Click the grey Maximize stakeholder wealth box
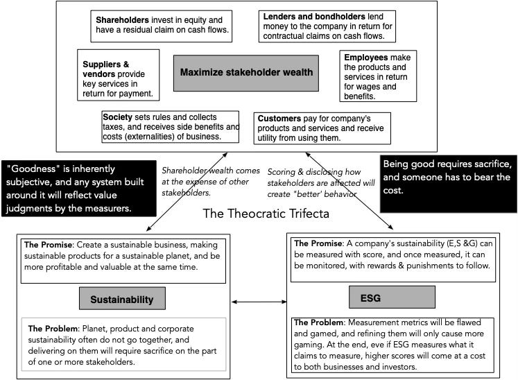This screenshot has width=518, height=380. (x=246, y=72)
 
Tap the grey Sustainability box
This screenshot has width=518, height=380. (x=121, y=299)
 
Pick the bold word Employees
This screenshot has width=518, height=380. (x=365, y=57)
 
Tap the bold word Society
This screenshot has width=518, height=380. (x=117, y=116)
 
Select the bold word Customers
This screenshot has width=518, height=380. (x=279, y=119)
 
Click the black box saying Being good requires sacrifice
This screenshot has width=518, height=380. (x=448, y=176)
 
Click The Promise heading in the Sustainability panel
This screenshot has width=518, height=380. (x=49, y=245)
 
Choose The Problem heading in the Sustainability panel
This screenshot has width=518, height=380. (x=51, y=328)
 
